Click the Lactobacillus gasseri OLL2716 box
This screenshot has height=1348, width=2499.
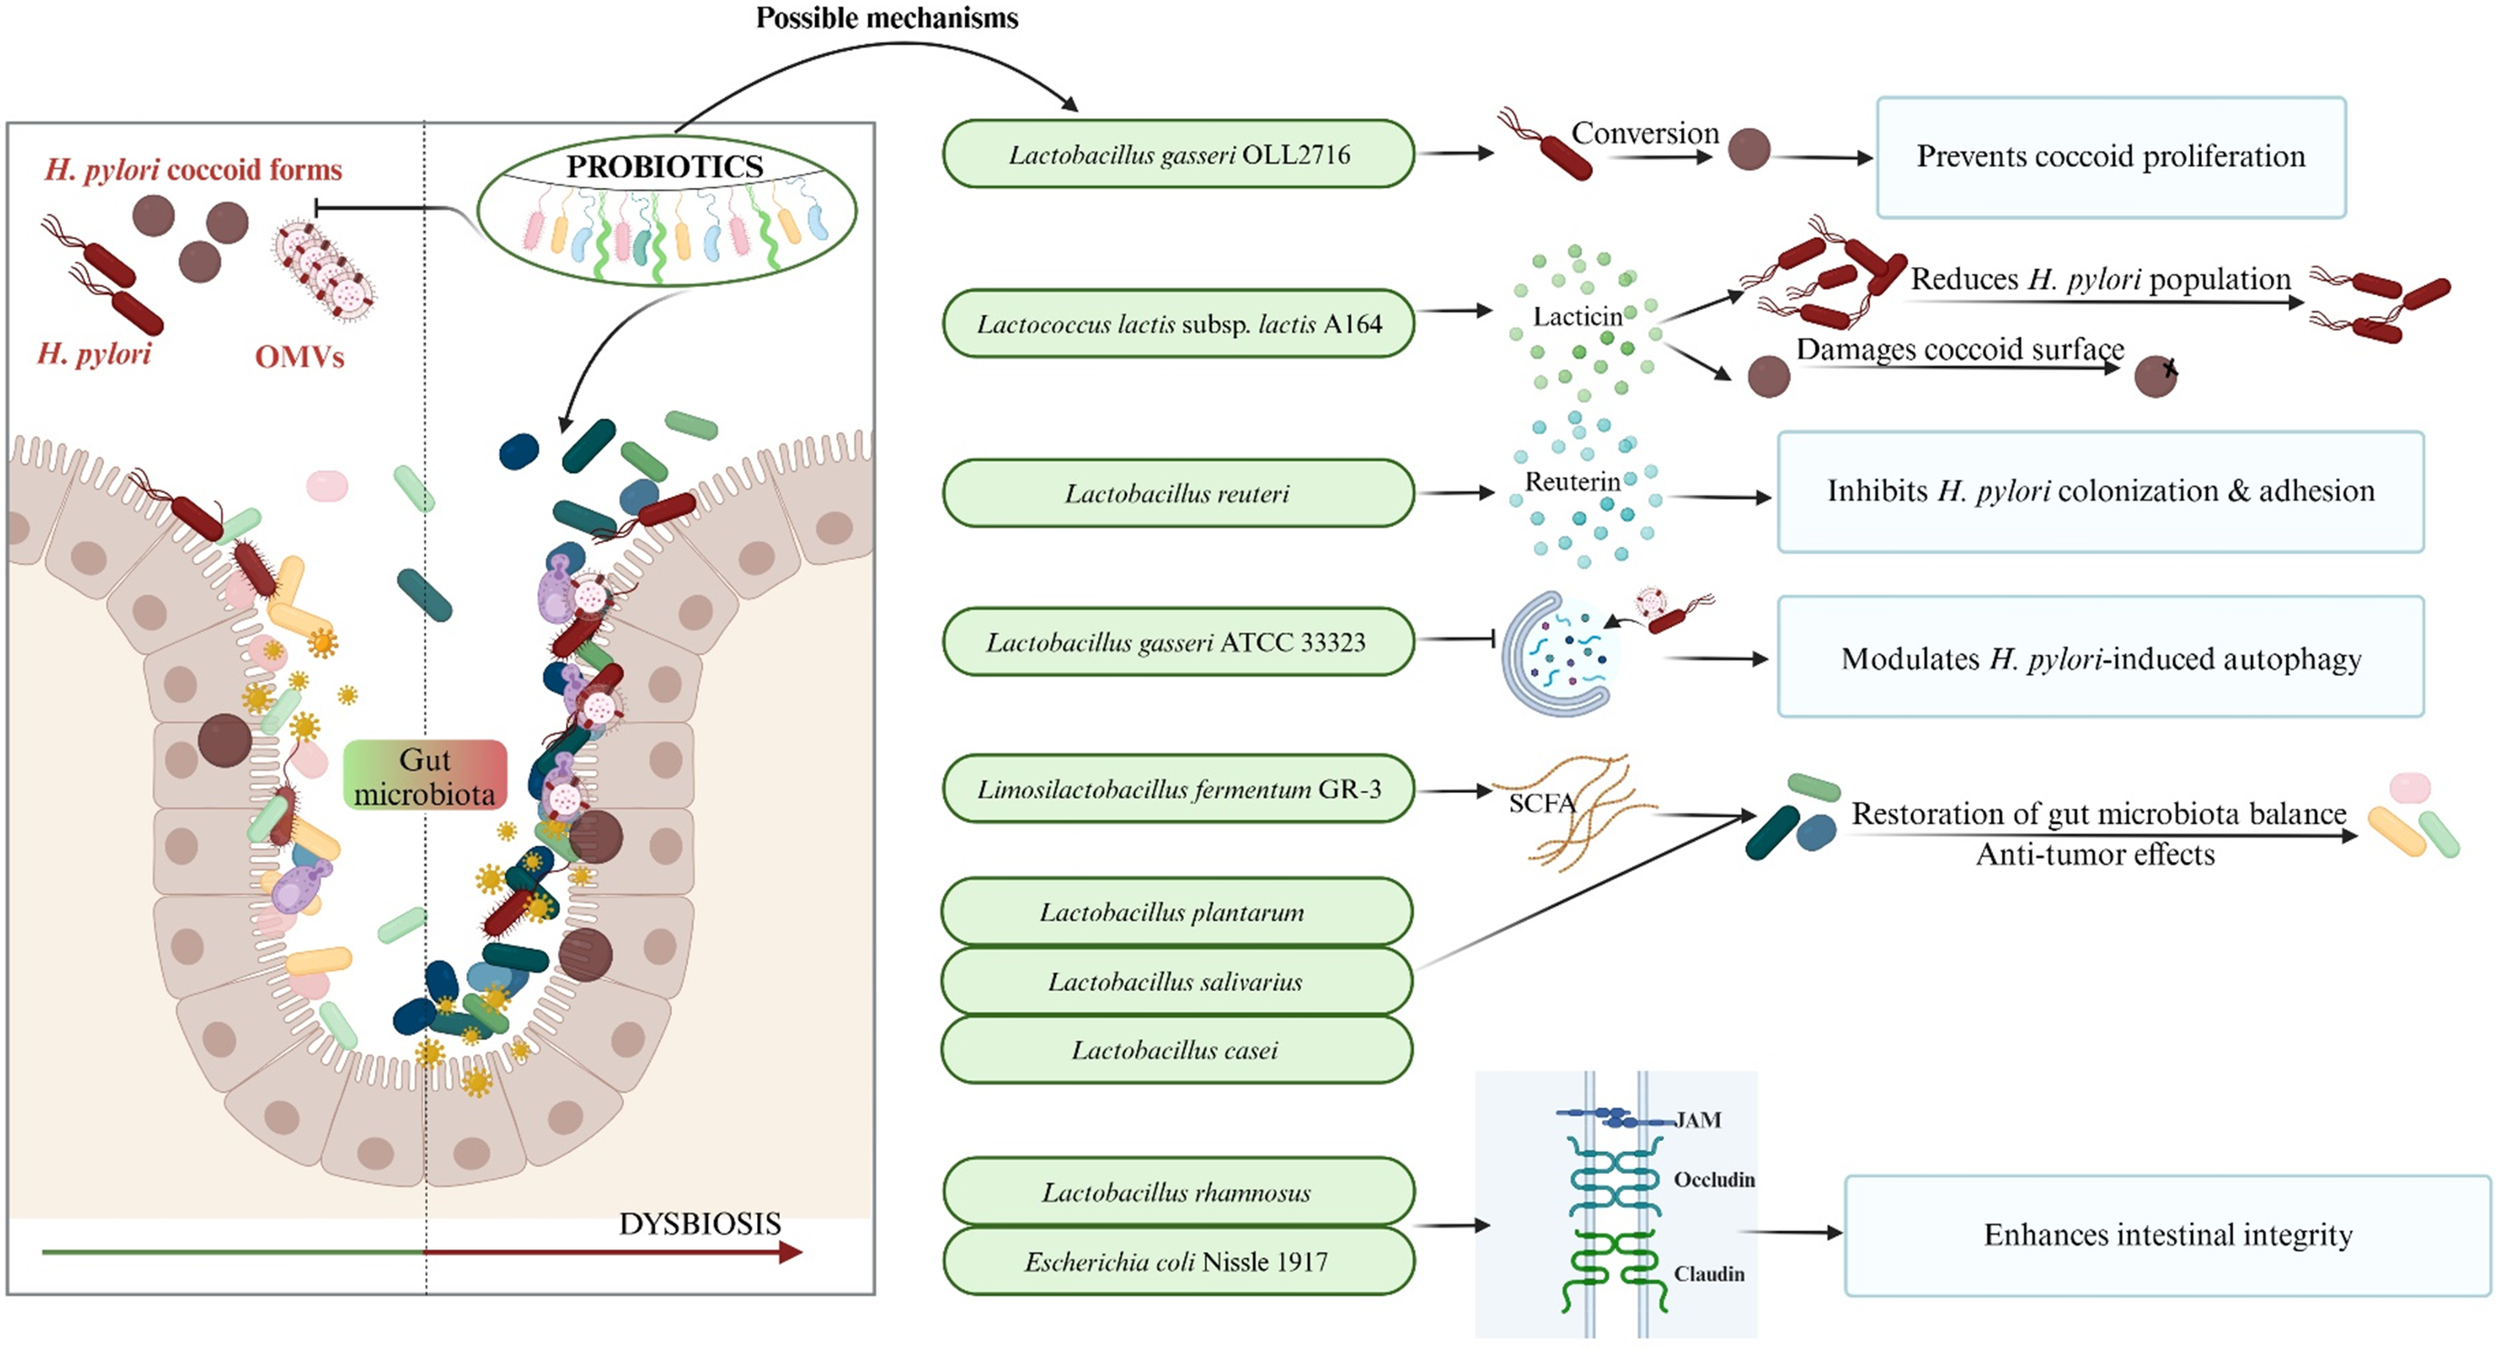(1178, 154)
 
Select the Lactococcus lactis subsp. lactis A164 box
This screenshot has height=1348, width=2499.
(1178, 324)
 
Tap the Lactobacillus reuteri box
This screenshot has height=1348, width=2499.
(1178, 493)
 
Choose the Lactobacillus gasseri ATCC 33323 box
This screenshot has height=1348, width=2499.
(1178, 642)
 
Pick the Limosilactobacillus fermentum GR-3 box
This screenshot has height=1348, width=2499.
(1178, 788)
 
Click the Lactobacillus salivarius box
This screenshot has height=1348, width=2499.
(1177, 981)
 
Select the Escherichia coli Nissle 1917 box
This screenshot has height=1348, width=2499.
(1178, 1261)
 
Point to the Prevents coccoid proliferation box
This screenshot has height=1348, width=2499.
(2111, 157)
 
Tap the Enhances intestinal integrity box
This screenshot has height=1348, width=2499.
(2168, 1235)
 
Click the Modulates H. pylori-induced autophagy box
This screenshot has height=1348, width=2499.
(2101, 657)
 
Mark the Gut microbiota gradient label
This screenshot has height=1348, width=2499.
(425, 776)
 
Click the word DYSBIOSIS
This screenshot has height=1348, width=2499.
(700, 1224)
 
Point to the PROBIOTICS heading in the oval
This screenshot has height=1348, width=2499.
(664, 167)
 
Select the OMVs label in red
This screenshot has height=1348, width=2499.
(300, 357)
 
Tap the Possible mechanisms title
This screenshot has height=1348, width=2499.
(887, 17)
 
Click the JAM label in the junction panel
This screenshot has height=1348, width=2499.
(1698, 1120)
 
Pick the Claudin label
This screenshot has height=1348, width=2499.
(1709, 1274)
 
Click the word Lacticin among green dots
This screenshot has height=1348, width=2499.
(1578, 316)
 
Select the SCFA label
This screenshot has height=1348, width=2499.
(1542, 803)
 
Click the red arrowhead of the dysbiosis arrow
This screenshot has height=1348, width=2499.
(792, 1252)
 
